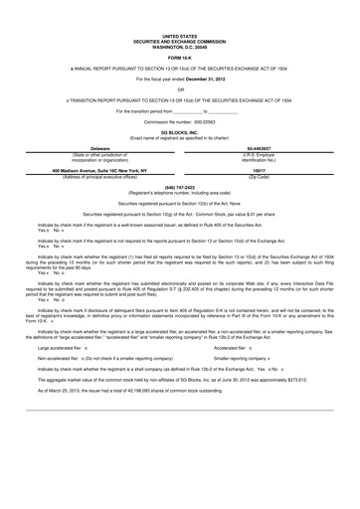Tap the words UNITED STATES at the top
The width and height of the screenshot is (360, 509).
click(180, 18)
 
